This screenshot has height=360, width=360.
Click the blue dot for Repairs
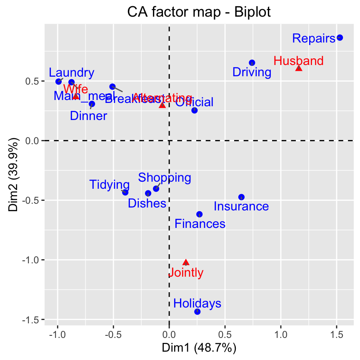(x=340, y=37)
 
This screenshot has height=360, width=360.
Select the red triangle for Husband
(x=299, y=68)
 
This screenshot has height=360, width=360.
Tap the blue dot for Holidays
(x=197, y=312)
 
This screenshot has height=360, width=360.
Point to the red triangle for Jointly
(x=186, y=262)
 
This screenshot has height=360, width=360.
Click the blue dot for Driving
(x=252, y=62)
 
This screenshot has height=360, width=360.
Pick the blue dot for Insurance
(x=241, y=197)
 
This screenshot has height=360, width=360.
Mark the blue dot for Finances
(x=199, y=214)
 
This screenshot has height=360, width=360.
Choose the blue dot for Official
(x=195, y=110)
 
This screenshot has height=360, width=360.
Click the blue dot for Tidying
(x=125, y=192)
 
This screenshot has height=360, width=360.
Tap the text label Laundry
(x=72, y=73)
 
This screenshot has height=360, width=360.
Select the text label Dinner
(x=88, y=116)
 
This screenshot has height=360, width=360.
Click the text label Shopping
(x=165, y=178)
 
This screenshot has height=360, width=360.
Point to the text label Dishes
(x=147, y=203)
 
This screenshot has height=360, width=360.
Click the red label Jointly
(x=186, y=273)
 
